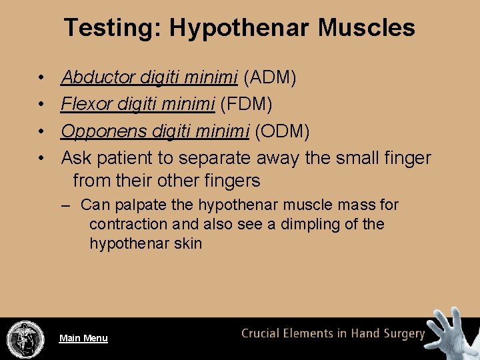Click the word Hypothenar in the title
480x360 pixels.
239,28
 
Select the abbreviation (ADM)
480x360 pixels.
270,78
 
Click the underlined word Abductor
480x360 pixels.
99,78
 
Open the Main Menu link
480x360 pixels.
83,338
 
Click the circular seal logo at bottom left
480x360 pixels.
25,339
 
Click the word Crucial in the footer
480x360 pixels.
264,333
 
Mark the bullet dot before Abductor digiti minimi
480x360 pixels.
41,78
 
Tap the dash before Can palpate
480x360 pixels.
66,205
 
